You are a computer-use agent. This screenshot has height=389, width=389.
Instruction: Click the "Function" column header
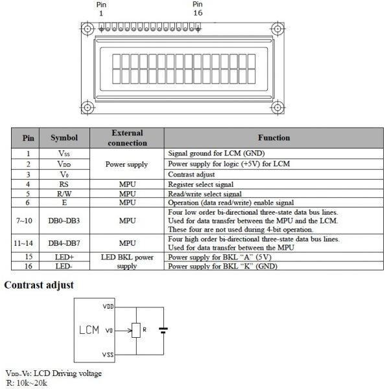(274, 137)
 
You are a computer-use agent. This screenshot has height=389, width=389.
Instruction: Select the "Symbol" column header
(64, 137)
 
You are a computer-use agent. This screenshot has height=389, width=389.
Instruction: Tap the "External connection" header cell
(127, 137)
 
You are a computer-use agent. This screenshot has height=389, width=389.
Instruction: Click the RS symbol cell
(64, 184)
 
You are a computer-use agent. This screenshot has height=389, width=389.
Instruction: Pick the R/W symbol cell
(64, 193)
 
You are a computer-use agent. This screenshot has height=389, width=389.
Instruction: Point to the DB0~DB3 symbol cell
(64, 221)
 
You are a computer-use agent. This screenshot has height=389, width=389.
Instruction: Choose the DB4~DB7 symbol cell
(64, 243)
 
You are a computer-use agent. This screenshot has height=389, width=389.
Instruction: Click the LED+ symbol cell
(64, 257)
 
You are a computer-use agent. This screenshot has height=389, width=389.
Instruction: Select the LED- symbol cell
(64, 266)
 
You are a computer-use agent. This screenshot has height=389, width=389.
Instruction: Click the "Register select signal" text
(206, 184)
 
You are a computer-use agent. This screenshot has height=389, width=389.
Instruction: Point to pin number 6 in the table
(28, 202)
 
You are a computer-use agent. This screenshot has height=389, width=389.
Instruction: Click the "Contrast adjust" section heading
(40, 285)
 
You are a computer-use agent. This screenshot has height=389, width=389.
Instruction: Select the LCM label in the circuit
(89, 330)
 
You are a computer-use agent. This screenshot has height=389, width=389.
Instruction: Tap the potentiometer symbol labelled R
(136, 331)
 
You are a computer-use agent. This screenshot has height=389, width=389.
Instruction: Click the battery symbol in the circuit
(164, 331)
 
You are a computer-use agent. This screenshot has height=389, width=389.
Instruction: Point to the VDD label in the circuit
(108, 305)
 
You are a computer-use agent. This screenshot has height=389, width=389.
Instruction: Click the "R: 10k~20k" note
(26, 383)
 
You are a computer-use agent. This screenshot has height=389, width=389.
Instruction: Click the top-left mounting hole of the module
(86, 29)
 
